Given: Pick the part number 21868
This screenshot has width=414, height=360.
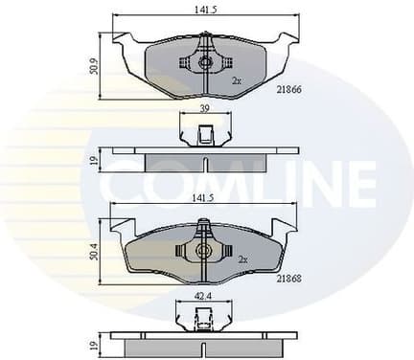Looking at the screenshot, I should pyautogui.click(x=288, y=279).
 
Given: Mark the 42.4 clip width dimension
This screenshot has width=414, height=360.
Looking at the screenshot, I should pyautogui.click(x=201, y=296).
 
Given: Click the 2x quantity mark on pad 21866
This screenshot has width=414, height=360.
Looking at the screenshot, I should pyautogui.click(x=237, y=81).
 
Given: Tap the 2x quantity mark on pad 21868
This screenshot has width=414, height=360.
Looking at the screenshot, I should pyautogui.click(x=243, y=259).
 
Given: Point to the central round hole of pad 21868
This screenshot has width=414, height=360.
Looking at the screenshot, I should pyautogui.click(x=202, y=252).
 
